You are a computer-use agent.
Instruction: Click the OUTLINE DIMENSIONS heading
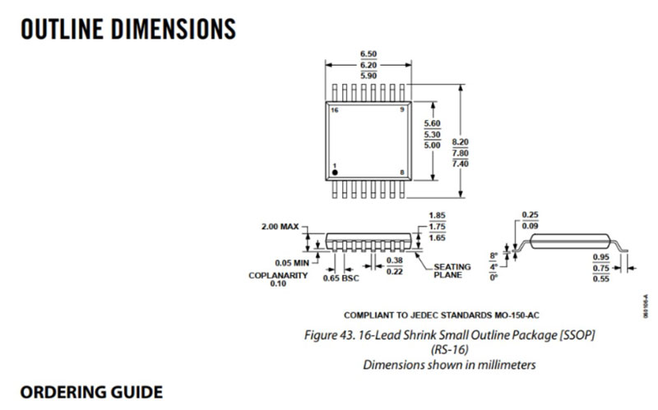(x=128, y=29)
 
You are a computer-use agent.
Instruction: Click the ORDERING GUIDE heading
(x=91, y=390)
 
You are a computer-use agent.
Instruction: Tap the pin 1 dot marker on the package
(x=335, y=173)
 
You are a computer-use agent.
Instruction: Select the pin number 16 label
(x=334, y=109)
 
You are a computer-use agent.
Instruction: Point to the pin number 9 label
(x=401, y=109)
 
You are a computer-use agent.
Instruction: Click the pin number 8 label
(x=401, y=172)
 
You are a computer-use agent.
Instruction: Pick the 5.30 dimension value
(x=432, y=134)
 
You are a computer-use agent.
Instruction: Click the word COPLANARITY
(x=278, y=275)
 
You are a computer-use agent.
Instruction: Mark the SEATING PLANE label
(x=452, y=270)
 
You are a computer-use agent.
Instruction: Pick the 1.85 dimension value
(x=437, y=215)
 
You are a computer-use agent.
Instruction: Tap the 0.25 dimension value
(x=531, y=214)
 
